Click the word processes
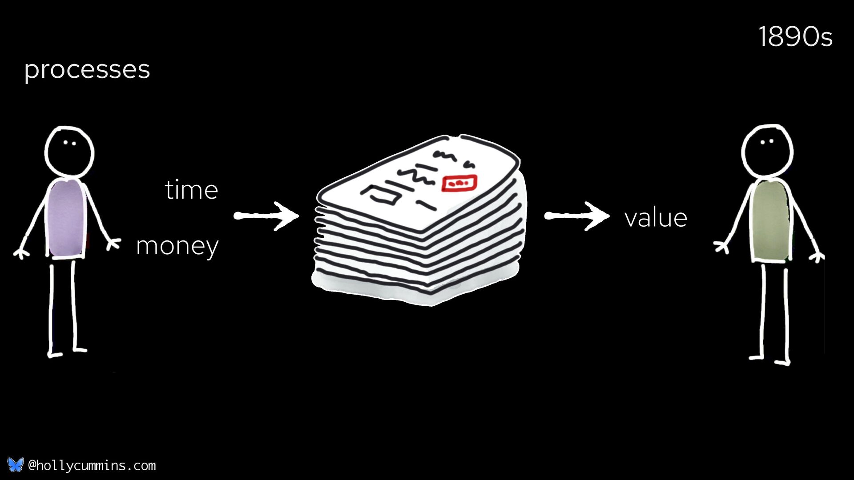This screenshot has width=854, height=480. click(x=87, y=70)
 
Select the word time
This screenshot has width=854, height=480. click(x=191, y=190)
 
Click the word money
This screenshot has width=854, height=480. click(x=177, y=246)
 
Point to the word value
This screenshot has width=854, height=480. click(x=656, y=218)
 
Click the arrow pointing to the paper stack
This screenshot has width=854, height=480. click(x=266, y=216)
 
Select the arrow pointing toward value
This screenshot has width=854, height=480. click(x=576, y=216)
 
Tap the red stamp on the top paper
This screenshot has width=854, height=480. click(x=459, y=183)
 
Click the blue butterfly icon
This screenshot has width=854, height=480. click(x=15, y=465)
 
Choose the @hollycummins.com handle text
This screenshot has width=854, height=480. click(x=92, y=466)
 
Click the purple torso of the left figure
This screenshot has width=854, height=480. click(x=66, y=219)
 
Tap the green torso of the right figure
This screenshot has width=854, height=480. click(x=770, y=221)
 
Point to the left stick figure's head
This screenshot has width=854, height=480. click(x=69, y=151)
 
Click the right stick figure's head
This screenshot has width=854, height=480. click(x=767, y=149)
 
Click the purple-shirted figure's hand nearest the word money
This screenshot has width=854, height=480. click(x=114, y=244)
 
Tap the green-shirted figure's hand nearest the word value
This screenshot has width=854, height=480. click(x=721, y=246)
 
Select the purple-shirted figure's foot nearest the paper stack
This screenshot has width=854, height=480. click(x=80, y=350)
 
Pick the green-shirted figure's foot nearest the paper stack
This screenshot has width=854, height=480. click(x=756, y=356)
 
